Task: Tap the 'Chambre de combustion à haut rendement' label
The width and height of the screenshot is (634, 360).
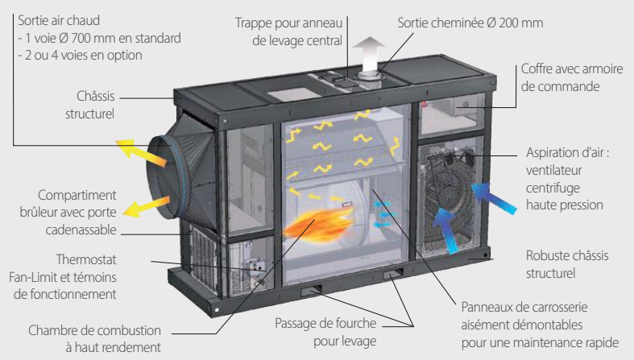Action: (94, 339)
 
